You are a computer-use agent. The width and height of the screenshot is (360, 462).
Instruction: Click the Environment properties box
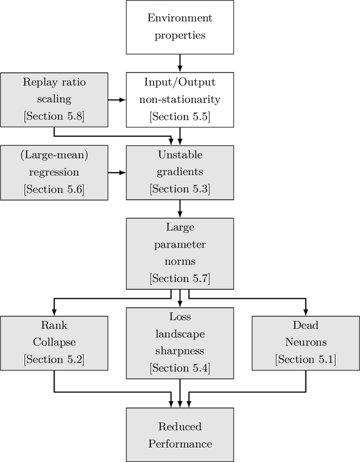coord(180,26)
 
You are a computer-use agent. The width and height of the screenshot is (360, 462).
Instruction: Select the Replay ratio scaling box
coord(55,99)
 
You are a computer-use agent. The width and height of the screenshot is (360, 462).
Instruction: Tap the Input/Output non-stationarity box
coord(180,99)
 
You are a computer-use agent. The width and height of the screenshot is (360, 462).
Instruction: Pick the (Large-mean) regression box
coord(55,172)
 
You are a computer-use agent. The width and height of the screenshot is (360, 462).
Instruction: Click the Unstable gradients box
coord(180,172)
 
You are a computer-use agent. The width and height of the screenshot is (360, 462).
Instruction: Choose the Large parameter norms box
coord(180,253)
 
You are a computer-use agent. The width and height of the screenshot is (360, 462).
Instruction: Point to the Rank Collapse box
coord(54,342)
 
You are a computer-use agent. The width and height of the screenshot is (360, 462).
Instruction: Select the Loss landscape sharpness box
coord(180,342)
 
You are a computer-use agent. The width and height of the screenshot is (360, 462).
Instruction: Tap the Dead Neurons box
coord(305,342)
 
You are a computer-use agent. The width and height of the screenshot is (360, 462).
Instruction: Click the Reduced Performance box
coord(180,435)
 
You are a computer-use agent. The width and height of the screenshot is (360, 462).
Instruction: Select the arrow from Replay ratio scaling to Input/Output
coord(117,100)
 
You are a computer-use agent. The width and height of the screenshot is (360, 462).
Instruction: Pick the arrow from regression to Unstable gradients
coord(117,172)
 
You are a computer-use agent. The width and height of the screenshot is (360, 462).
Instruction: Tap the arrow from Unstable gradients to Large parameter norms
coord(180,209)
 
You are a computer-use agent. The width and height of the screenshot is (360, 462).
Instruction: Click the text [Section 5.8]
coord(55,116)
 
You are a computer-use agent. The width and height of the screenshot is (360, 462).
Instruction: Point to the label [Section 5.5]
coord(180,116)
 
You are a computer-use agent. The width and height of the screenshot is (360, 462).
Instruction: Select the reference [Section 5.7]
coord(180,278)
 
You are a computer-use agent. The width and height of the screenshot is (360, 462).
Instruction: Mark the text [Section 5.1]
coord(305,359)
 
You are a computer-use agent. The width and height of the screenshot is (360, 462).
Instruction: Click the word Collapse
coord(54,342)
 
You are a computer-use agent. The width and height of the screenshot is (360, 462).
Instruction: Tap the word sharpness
coord(180,351)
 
